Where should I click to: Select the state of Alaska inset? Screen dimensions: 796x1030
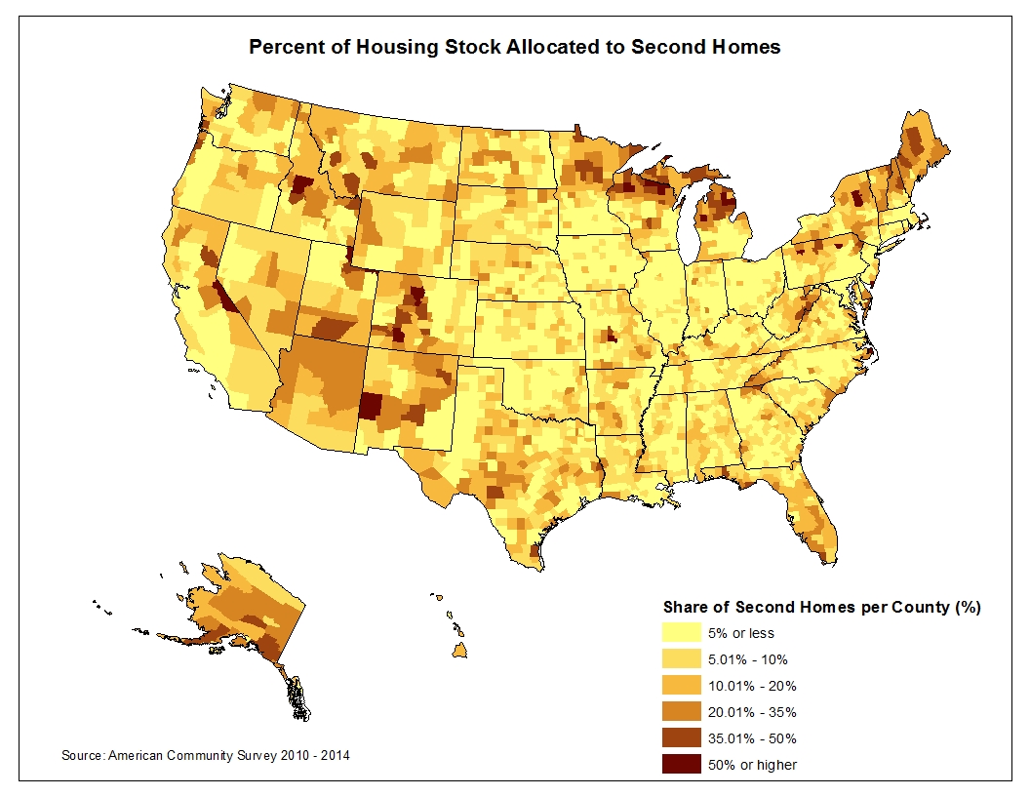pyautogui.click(x=249, y=615)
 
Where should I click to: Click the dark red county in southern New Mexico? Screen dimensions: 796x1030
pyautogui.click(x=371, y=405)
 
